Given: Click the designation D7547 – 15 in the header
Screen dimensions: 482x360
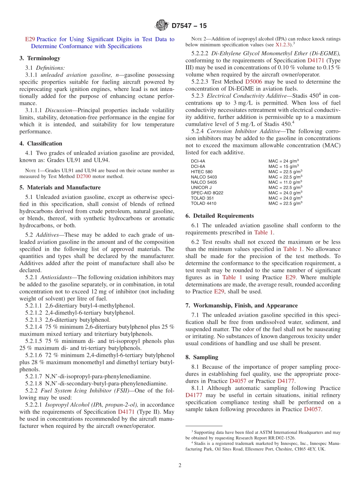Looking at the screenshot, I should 189,26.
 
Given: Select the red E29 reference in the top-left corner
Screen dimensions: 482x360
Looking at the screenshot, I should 30,39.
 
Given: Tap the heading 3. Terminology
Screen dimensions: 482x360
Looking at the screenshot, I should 40,58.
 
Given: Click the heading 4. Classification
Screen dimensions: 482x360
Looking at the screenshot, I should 41,144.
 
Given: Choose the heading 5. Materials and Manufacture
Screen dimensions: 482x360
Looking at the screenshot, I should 60,188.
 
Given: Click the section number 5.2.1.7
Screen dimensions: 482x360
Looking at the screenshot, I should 34,376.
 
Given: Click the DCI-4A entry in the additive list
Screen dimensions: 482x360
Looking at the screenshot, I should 198,161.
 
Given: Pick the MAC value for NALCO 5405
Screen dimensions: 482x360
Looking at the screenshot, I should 285,182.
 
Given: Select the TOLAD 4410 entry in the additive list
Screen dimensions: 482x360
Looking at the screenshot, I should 203,203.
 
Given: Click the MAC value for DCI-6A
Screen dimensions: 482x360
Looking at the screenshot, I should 283,166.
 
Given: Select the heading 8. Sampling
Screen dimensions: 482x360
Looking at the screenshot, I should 202,357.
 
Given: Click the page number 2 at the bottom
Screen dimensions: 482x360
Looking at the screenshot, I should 180,465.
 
